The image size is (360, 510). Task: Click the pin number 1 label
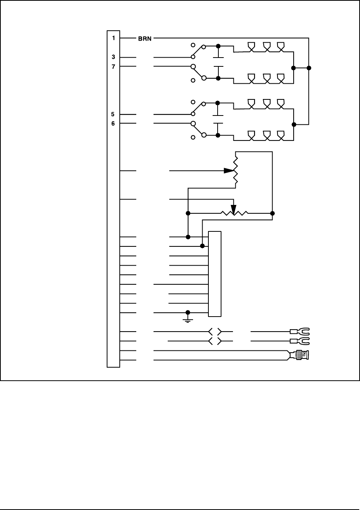point(113,38)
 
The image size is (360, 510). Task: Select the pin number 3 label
point(113,57)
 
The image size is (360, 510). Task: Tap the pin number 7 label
point(113,66)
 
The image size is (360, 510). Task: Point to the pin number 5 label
point(113,114)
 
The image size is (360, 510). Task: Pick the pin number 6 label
point(113,124)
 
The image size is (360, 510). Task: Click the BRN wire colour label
point(145,38)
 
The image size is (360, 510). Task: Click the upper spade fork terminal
point(300,331)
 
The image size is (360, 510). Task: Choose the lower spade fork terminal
point(300,341)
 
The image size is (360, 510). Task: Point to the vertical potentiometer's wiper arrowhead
point(229,170)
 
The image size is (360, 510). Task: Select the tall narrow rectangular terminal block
point(215,274)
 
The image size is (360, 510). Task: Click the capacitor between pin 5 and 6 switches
point(218,119)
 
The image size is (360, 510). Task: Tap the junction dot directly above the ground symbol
point(188,312)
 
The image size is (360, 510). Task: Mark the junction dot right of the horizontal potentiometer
point(272,213)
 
